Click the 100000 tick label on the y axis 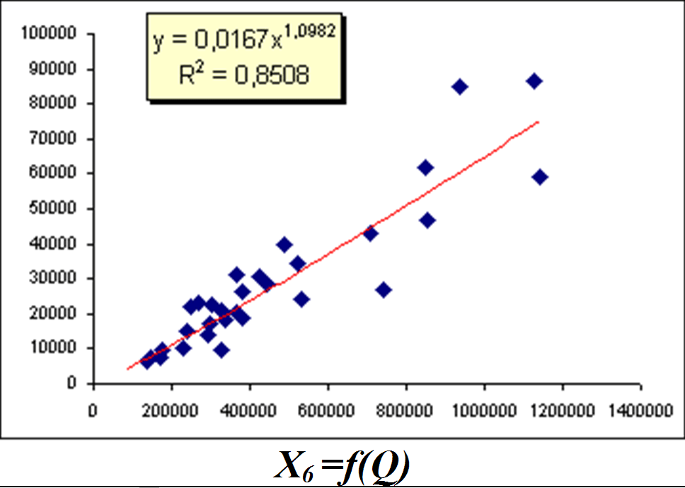point(52,33)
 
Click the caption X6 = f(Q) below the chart point(342,467)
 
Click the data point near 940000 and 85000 point(460,87)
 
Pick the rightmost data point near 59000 point(540,177)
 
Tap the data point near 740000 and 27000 point(384,290)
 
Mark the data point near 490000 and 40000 point(284,245)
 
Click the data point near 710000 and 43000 point(370,233)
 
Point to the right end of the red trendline point(539,122)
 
